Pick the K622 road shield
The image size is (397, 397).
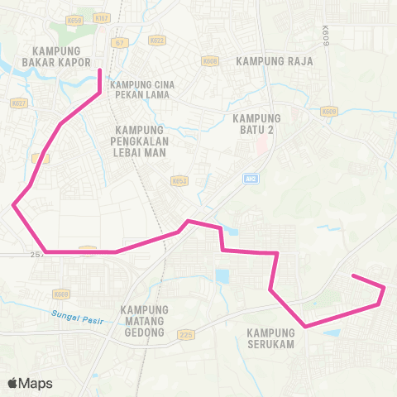coord(155,40)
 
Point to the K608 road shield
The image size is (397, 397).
coord(210,61)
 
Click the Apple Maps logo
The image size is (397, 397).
coord(30,383)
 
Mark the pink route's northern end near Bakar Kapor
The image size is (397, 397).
coord(100,71)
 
